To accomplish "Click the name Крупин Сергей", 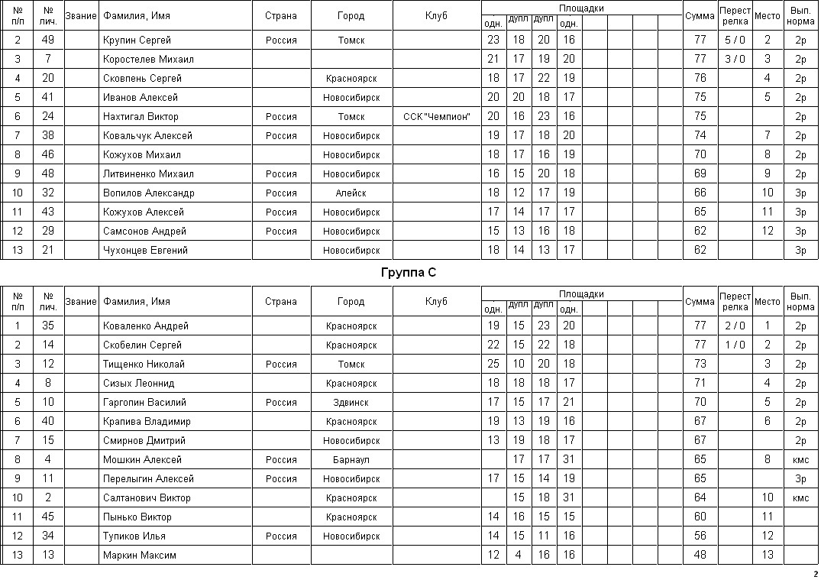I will (x=137, y=40).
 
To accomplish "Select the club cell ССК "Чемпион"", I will (x=436, y=116).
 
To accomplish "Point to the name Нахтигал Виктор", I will (x=141, y=116).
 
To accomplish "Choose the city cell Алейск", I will (x=351, y=193).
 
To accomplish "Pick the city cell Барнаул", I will (x=351, y=459).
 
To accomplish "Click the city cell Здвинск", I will (x=351, y=402).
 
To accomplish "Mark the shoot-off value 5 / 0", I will (x=735, y=40).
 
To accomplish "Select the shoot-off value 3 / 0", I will (x=735, y=59).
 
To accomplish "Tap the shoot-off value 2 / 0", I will (x=735, y=326).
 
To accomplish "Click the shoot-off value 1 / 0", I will (x=735, y=345).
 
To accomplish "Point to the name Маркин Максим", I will (x=139, y=555).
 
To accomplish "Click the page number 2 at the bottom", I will (x=814, y=573).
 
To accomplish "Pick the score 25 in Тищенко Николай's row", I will (x=493, y=364).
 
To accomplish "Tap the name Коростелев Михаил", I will (x=148, y=59).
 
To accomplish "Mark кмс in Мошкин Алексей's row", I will (x=800, y=459).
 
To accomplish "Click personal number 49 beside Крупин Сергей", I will (x=48, y=40).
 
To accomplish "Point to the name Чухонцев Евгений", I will (x=145, y=250).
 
